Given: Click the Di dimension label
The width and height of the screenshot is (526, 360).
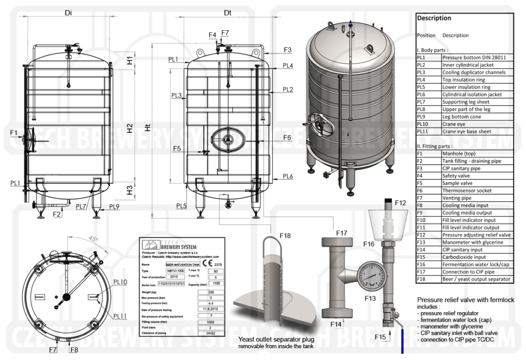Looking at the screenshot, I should [68, 12].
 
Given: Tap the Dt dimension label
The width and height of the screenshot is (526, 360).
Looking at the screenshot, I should [228, 12].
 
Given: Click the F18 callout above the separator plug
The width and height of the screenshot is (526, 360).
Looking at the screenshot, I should [285, 236].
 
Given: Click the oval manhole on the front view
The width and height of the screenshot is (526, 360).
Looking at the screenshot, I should [228, 139].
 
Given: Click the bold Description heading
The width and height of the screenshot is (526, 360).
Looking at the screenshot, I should [434, 18].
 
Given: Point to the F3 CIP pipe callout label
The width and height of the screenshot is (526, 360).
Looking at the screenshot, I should [287, 50].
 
